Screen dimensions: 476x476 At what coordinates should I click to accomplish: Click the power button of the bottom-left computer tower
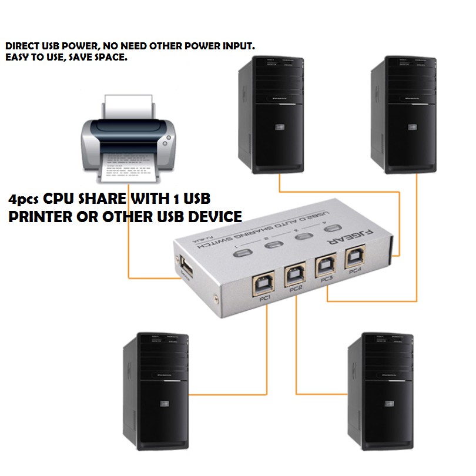point(163,404)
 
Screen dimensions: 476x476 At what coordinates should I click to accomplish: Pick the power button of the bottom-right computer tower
point(388,404)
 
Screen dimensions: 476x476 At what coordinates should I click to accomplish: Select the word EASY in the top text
point(16,58)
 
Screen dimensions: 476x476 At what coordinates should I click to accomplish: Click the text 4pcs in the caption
point(24,199)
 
